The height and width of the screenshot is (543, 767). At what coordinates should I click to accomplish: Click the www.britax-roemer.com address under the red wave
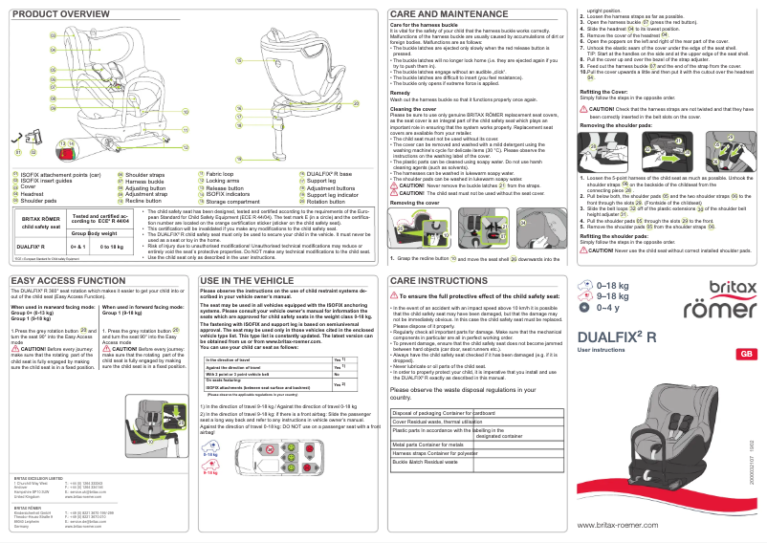624,526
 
